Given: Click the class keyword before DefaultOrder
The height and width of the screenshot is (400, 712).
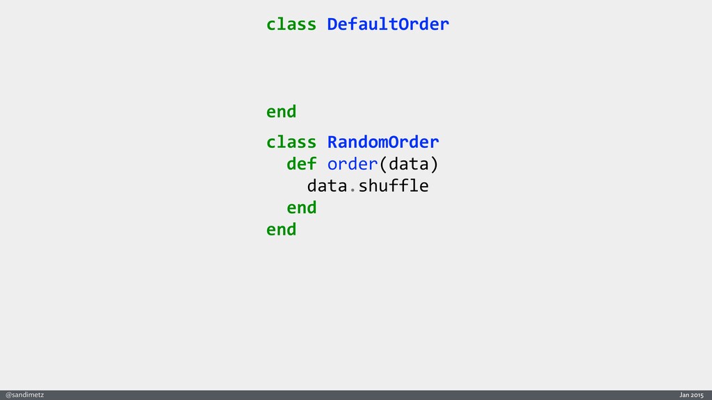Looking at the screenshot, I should coord(291,24).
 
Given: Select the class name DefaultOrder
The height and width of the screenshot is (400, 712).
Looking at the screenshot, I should coord(388,24).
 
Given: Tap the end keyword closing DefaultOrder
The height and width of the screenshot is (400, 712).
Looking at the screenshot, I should coord(281,111).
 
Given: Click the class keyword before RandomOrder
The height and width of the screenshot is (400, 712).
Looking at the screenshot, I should coord(291,142).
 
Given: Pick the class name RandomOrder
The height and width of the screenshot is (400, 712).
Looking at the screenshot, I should coord(383,142).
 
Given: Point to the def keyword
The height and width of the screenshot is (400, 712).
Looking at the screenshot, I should coord(301,165).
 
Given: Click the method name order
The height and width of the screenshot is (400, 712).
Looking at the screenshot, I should coord(353,165).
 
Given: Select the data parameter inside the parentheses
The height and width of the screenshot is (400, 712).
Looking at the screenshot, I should coord(408,165).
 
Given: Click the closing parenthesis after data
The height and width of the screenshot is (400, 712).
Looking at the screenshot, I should coord(434,165).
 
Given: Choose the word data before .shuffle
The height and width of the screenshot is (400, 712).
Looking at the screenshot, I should coord(327,186).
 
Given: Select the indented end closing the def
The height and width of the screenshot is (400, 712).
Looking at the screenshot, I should coord(301,208).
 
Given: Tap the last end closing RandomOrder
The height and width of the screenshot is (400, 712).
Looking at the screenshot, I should coord(281,229).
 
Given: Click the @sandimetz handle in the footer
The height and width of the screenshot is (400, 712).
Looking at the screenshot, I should coord(25,394).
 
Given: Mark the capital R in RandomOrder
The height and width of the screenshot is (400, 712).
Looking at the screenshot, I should coord(332,142).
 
